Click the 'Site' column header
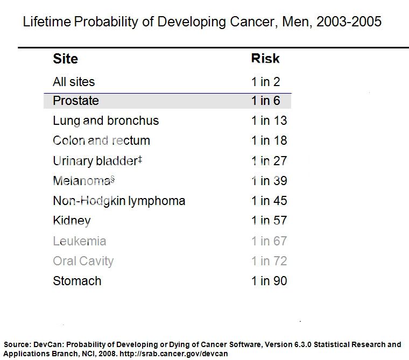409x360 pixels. (x=65, y=59)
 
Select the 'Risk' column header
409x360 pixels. (x=265, y=59)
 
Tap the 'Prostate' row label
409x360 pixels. (x=76, y=101)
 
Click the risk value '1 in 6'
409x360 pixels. (x=265, y=101)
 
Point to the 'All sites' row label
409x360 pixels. (x=74, y=82)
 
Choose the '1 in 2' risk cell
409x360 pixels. (x=265, y=82)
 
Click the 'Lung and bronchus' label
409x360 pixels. (x=106, y=121)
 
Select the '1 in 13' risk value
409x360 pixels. (x=269, y=121)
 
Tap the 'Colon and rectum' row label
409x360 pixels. (x=101, y=140)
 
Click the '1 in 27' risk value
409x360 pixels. (x=269, y=160)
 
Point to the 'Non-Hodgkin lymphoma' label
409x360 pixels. (x=119, y=201)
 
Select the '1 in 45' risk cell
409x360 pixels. (x=269, y=201)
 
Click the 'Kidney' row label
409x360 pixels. (x=72, y=221)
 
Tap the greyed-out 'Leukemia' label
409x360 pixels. (x=80, y=241)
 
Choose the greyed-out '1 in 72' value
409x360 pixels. (x=269, y=261)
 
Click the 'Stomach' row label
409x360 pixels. (x=77, y=281)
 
